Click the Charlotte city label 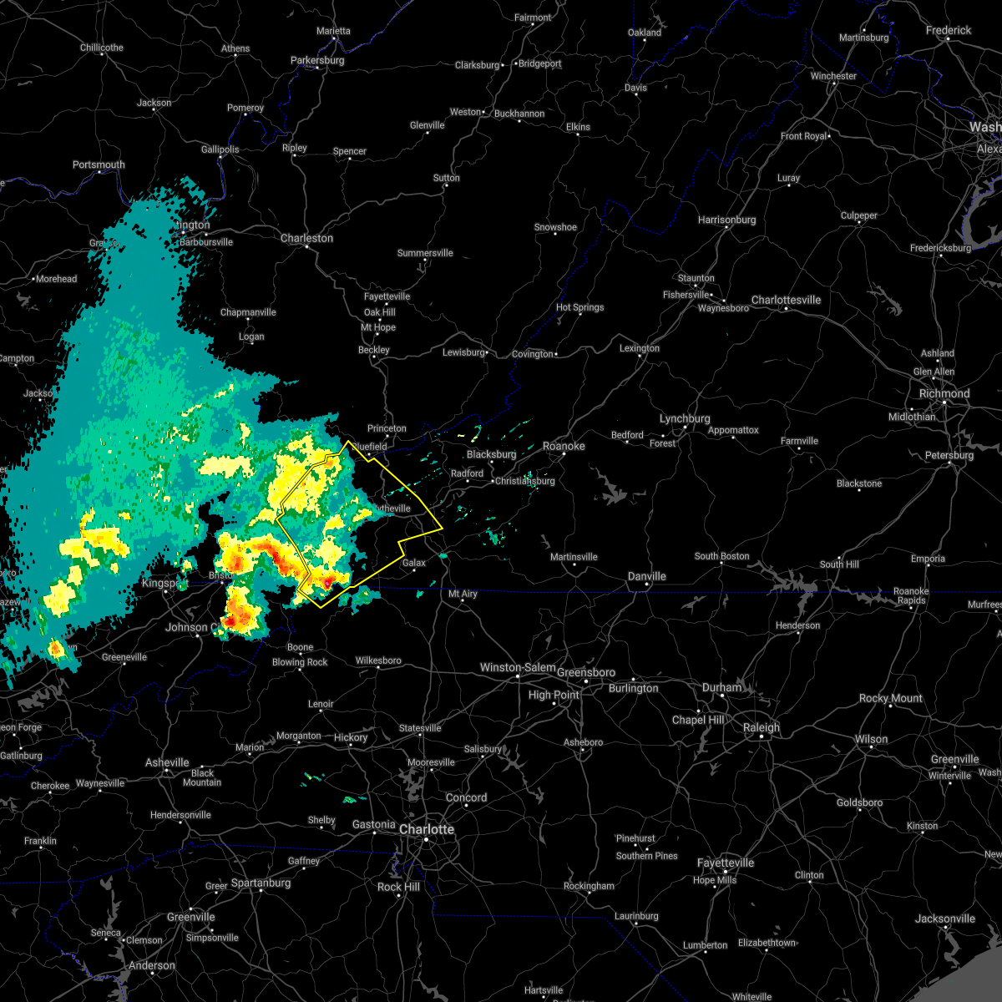(x=427, y=829)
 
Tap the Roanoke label (x=564, y=446)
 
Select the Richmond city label (x=944, y=393)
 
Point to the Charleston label (x=306, y=238)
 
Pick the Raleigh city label (x=762, y=727)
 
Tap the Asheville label (x=167, y=762)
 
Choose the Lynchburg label (x=685, y=418)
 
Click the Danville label (x=647, y=576)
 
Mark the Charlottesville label (x=786, y=300)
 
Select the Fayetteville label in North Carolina (x=726, y=863)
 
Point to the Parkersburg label (x=317, y=60)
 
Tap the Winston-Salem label (x=518, y=667)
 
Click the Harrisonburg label (x=726, y=220)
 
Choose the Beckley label (x=374, y=350)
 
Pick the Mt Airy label (x=463, y=594)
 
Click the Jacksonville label (x=944, y=918)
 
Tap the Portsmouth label (x=99, y=164)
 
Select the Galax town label (x=414, y=563)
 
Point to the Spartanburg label (x=261, y=883)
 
